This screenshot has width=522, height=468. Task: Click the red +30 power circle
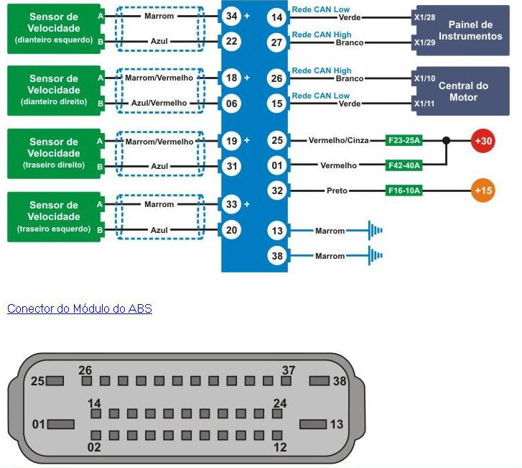[484, 141]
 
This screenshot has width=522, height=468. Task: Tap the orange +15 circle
[484, 191]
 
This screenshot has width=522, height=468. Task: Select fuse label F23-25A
[404, 141]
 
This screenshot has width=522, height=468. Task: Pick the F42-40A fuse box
[404, 165]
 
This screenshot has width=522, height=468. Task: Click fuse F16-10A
[404, 191]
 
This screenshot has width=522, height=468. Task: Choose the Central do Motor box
[463, 91]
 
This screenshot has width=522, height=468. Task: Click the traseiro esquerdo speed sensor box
[54, 216]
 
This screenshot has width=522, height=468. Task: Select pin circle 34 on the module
[230, 16]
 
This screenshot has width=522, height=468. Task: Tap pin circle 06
[230, 103]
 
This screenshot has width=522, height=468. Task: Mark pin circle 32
[277, 191]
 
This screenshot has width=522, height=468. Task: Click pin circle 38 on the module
[277, 255]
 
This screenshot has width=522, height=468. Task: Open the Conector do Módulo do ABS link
[79, 308]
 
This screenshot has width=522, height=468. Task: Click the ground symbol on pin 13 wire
[375, 231]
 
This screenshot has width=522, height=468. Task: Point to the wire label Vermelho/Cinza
[338, 141]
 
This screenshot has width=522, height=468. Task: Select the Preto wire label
[337, 191]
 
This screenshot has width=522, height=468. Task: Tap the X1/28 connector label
[425, 16]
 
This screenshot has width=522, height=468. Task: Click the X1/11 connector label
[425, 104]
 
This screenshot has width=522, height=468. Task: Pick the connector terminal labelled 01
[60, 424]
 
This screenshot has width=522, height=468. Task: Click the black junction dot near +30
[446, 141]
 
